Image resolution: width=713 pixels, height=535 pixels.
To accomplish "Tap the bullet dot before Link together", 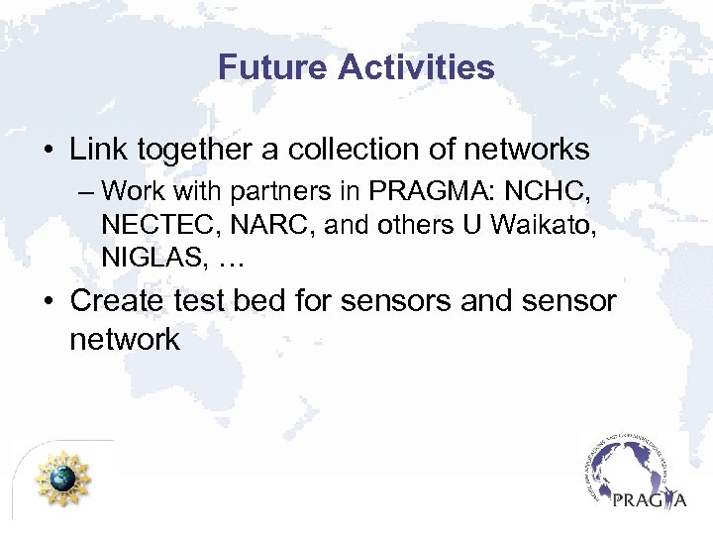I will (47, 152).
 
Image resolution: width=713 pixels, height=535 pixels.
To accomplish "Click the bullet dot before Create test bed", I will (47, 301).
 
